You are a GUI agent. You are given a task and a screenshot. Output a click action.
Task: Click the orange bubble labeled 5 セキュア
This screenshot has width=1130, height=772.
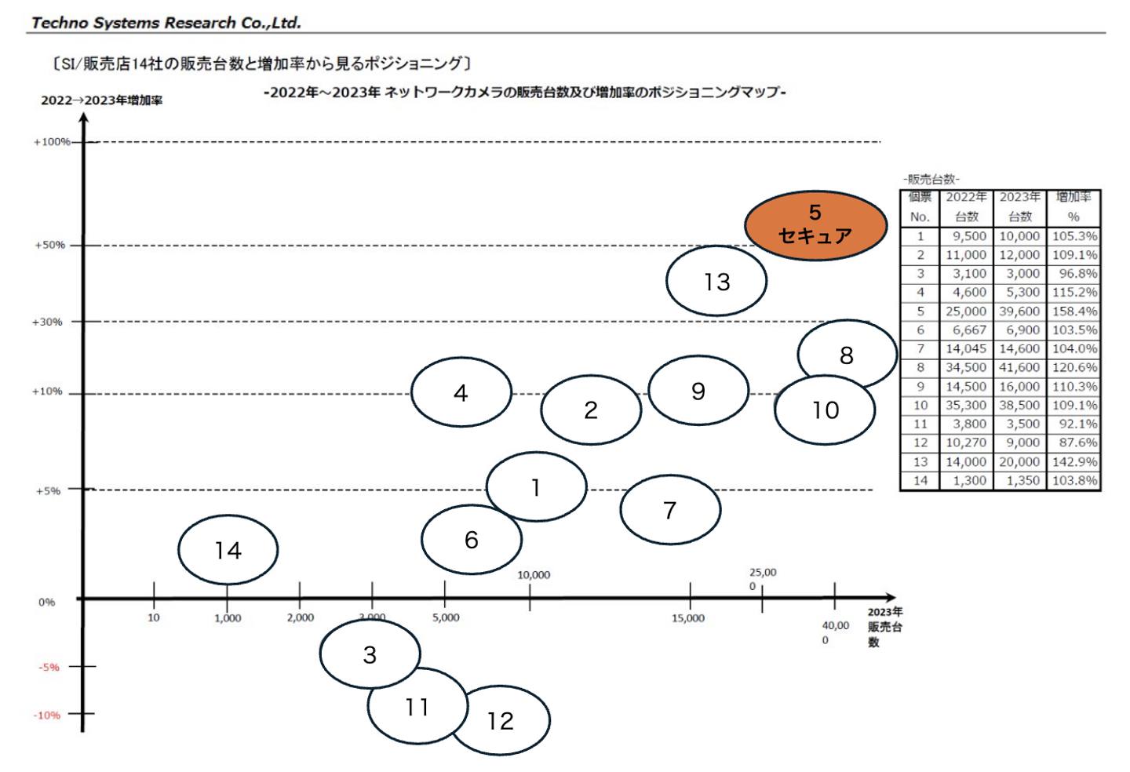click(x=816, y=225)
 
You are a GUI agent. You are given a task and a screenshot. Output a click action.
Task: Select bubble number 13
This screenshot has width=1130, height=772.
click(x=716, y=281)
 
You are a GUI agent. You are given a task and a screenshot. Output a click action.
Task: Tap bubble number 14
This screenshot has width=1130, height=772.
click(x=228, y=550)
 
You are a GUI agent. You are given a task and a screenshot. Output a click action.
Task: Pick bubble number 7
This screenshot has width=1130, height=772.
click(x=670, y=509)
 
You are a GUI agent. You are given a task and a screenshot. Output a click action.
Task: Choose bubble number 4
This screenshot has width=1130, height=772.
click(x=461, y=392)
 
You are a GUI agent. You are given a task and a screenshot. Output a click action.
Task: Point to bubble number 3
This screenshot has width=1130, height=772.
click(x=370, y=654)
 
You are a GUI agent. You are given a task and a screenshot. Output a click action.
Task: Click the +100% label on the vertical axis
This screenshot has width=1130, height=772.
click(x=52, y=142)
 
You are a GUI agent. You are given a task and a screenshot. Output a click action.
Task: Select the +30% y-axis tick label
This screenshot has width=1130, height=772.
click(x=47, y=322)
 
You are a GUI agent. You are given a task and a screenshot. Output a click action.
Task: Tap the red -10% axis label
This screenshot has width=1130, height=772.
click(x=47, y=716)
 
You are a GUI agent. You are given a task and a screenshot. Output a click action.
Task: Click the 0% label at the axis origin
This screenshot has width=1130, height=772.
click(x=47, y=602)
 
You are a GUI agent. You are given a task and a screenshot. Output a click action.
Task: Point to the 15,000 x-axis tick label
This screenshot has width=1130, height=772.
click(x=688, y=618)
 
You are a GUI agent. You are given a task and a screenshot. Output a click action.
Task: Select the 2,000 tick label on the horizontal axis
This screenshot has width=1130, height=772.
click(x=301, y=617)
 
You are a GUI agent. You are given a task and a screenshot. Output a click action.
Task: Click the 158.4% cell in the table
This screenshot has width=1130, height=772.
click(x=1074, y=311)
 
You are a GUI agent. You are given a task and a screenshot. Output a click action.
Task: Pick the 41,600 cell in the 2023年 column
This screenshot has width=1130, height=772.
click(x=1019, y=368)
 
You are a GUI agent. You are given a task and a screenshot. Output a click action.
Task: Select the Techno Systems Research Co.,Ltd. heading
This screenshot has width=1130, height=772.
click(x=166, y=23)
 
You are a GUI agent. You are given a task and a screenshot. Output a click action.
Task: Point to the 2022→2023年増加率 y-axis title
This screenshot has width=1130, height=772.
click(x=102, y=100)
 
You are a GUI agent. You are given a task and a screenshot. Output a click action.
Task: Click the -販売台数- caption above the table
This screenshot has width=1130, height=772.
click(x=931, y=179)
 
